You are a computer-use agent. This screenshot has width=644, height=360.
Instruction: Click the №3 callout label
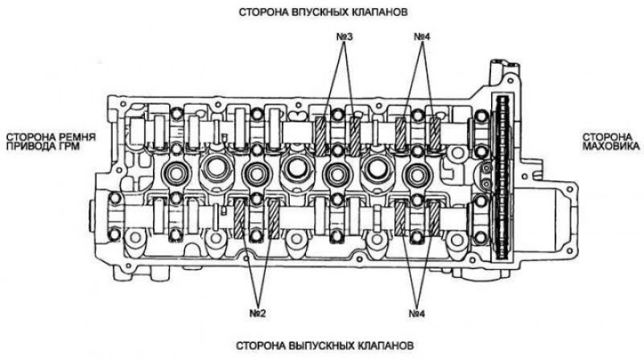click(345, 37)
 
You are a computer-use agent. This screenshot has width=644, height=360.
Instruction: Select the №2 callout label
click(258, 313)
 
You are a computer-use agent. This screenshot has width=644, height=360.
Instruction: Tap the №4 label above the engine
click(422, 37)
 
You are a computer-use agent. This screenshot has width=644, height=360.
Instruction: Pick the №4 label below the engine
click(417, 313)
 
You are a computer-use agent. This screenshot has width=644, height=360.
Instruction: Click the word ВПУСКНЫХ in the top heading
click(316, 12)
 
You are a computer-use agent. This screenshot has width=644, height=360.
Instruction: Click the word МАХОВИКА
click(611, 146)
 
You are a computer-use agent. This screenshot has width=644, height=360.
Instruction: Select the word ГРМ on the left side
click(68, 147)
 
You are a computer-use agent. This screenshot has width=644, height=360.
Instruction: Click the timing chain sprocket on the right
click(502, 177)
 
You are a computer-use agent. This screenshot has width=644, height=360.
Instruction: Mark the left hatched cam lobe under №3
click(321, 136)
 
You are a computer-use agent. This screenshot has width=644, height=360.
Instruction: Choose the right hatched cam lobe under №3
click(355, 136)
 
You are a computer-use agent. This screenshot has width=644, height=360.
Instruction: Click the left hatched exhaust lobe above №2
click(239, 218)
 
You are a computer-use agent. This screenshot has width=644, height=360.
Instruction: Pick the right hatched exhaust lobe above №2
click(274, 218)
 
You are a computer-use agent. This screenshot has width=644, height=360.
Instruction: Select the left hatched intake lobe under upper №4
click(401, 134)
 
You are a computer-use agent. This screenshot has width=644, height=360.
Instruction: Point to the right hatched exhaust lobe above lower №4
click(434, 217)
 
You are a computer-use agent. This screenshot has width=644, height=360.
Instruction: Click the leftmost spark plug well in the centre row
click(175, 173)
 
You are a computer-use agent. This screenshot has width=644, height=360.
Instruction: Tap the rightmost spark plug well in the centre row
click(417, 173)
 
